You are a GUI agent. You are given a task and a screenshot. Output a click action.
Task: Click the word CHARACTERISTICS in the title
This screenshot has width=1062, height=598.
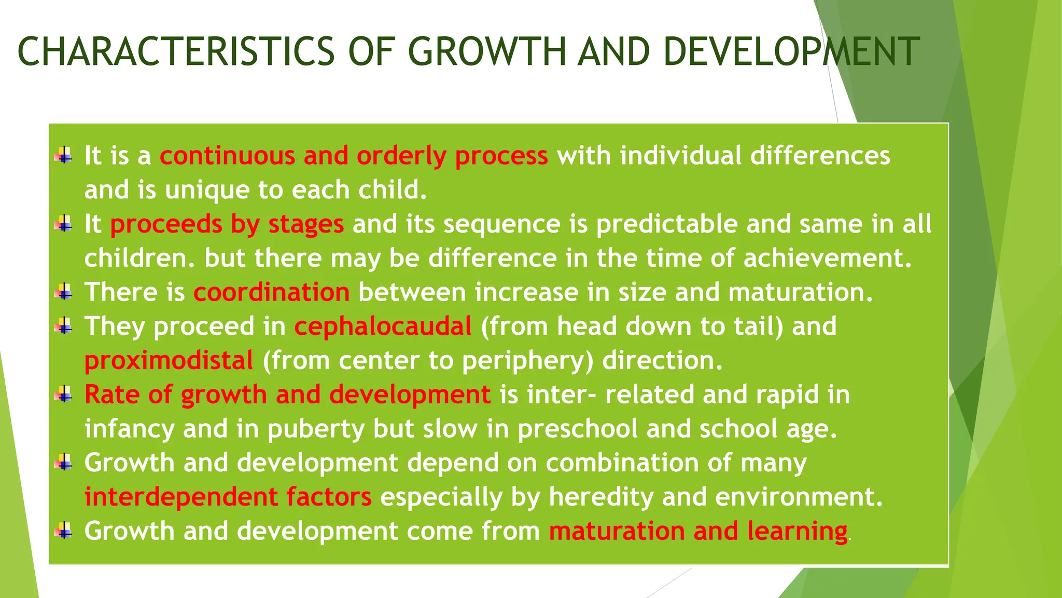[176, 52]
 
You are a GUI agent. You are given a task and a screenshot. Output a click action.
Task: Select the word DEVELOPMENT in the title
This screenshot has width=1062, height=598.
[791, 52]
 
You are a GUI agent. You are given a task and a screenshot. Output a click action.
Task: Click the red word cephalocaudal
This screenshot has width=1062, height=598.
[383, 327]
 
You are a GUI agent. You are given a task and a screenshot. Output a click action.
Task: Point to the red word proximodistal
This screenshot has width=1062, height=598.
[169, 361]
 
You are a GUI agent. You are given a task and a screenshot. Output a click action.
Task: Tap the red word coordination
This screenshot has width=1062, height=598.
[271, 292]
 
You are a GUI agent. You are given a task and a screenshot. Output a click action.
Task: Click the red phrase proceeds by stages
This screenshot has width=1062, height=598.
[227, 224]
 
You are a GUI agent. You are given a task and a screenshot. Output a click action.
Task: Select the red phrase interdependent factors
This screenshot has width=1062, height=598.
[228, 497]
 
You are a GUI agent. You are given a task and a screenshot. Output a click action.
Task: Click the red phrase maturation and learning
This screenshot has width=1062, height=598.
[698, 531]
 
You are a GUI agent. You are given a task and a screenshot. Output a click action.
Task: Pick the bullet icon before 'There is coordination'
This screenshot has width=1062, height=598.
[63, 292]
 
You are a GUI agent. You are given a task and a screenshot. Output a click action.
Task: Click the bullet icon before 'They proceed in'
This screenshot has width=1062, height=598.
[63, 327]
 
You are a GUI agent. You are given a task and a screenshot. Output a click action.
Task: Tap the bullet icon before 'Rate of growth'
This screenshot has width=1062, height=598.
[63, 395]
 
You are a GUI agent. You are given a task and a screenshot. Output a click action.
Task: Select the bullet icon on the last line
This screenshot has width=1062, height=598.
[63, 531]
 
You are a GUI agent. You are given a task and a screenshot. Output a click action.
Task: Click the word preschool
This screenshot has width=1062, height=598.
[577, 429]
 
